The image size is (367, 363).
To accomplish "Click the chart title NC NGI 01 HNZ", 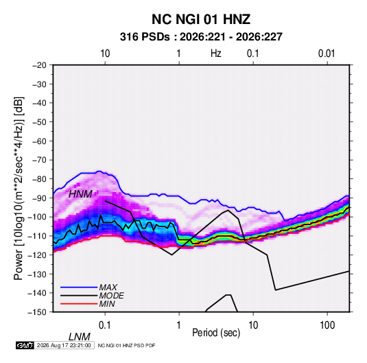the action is pyautogui.click(x=201, y=19).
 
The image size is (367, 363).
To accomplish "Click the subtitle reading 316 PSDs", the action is pyautogui.click(x=145, y=37).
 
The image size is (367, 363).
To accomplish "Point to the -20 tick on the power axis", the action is pyautogui.click(x=39, y=65).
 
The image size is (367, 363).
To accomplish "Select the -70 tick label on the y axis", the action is pyautogui.click(x=39, y=160).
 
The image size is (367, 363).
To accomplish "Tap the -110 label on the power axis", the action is pyautogui.click(x=38, y=236).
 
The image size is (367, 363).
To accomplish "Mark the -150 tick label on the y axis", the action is pyautogui.click(x=38, y=312).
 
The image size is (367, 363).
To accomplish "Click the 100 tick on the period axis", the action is pyautogui.click(x=327, y=325).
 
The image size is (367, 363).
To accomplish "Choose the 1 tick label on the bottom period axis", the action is pyautogui.click(x=179, y=325).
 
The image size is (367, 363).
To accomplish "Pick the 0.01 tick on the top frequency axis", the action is pyautogui.click(x=327, y=54).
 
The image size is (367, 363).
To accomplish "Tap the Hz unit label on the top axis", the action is pyautogui.click(x=216, y=54).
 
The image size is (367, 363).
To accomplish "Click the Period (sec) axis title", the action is pyautogui.click(x=216, y=333).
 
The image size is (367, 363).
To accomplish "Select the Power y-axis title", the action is pyautogui.click(x=19, y=188).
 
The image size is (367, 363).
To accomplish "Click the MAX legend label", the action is pyautogui.click(x=108, y=287).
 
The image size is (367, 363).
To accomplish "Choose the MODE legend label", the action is pyautogui.click(x=111, y=296).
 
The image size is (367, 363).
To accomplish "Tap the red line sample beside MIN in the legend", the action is pyautogui.click(x=79, y=304).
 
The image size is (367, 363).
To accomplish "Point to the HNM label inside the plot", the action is pyautogui.click(x=80, y=194).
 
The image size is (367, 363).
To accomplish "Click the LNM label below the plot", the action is pyautogui.click(x=79, y=337).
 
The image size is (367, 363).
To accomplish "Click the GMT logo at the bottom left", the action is pyautogui.click(x=25, y=345).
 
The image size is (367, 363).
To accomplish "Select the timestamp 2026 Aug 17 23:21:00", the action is pyautogui.click(x=64, y=345).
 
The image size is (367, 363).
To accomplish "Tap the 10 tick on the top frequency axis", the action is pyautogui.click(x=105, y=54).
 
